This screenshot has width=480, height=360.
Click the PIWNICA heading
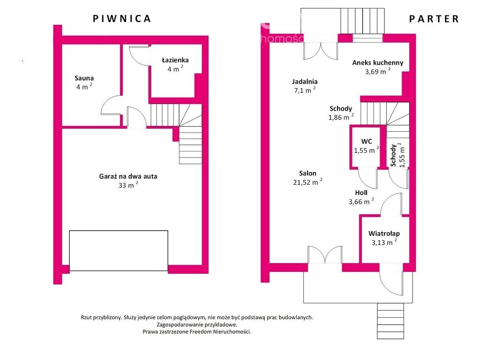(x=122, y=19)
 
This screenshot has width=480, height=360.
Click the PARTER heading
(x=434, y=19)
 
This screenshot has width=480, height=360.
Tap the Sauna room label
(x=84, y=78)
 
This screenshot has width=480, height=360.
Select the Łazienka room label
(x=175, y=60)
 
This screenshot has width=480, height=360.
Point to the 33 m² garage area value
(x=128, y=185)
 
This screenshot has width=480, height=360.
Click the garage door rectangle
(x=119, y=251)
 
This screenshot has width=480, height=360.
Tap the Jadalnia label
(x=305, y=82)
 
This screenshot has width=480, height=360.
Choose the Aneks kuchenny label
(x=378, y=63)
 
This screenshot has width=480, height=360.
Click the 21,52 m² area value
(x=307, y=182)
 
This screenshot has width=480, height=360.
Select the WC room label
(x=367, y=142)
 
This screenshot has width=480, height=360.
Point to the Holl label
(x=361, y=193)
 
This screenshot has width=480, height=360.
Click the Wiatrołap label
(x=384, y=233)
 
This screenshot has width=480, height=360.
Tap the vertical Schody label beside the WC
(x=393, y=155)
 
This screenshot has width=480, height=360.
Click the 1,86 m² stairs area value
(x=341, y=117)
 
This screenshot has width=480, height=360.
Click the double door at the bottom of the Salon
(x=325, y=255)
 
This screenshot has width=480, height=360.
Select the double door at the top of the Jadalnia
(x=321, y=51)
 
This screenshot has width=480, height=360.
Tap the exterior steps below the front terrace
(x=390, y=321)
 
